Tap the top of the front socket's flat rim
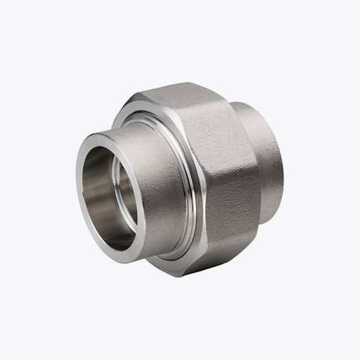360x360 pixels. click(110, 139)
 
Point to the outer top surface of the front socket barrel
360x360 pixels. click(145, 129)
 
